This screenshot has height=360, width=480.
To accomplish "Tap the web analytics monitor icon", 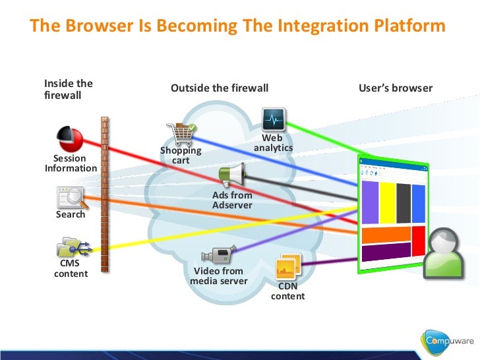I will click(x=273, y=120).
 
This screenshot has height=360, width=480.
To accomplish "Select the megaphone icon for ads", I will click(x=232, y=176).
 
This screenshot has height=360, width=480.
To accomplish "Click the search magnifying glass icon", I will click(x=71, y=197).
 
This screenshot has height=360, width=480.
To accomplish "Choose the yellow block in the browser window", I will click(x=387, y=203).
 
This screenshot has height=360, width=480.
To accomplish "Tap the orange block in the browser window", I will click(x=386, y=234).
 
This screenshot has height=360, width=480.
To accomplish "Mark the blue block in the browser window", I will click(x=420, y=203).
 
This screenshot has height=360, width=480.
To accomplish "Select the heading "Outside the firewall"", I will click(x=220, y=88).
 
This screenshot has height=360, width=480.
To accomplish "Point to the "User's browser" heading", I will click(x=396, y=88).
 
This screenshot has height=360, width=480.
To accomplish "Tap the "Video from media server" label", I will click(x=218, y=276).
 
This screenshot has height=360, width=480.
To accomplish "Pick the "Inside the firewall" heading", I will click(x=68, y=89).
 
